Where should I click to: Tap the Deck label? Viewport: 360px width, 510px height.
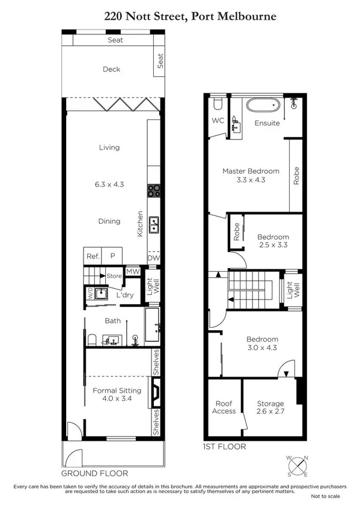(x=111, y=69)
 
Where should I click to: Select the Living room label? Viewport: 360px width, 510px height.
(x=109, y=147)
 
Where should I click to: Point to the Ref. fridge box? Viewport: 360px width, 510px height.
(x=92, y=256)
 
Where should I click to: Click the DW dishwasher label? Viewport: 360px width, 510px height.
(x=154, y=258)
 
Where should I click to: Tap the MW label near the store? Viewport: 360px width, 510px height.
(x=133, y=272)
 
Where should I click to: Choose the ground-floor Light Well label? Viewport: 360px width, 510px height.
(x=153, y=290)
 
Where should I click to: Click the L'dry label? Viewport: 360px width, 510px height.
(x=124, y=295)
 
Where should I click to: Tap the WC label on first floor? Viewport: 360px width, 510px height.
(x=218, y=120)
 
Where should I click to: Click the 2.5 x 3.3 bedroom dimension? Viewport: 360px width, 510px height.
(x=273, y=245)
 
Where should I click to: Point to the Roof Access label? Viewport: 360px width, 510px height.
(x=223, y=407)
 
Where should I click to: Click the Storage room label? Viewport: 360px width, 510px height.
(x=270, y=404)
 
